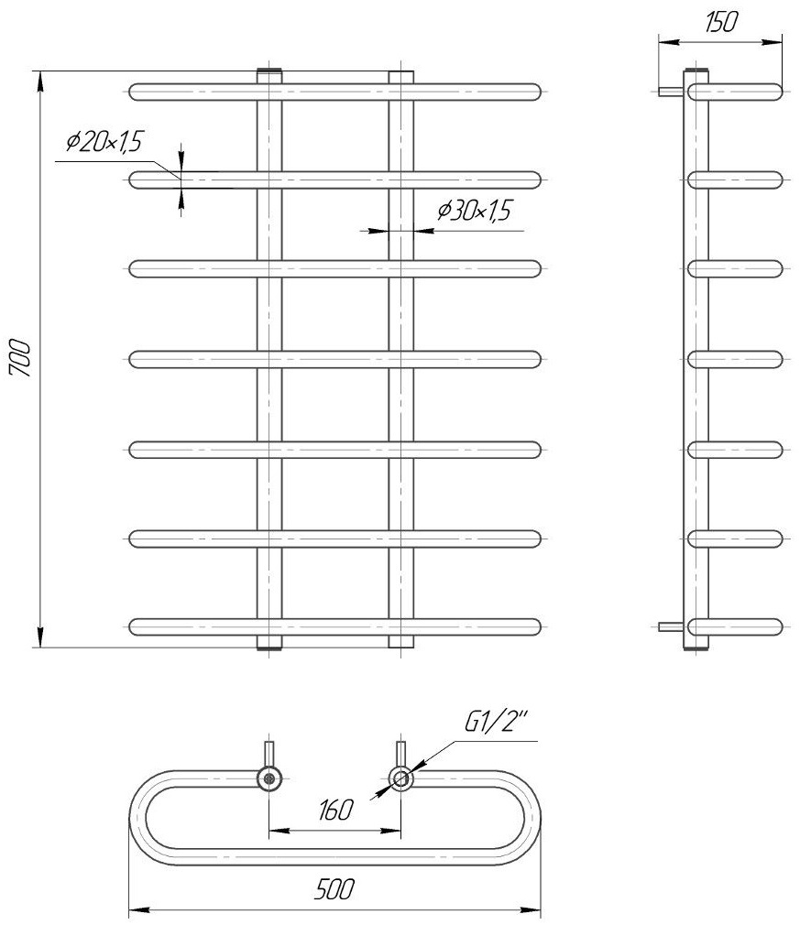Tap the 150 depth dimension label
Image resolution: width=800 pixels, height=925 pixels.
[x=721, y=22]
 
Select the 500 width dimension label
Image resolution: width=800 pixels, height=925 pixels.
[x=334, y=889]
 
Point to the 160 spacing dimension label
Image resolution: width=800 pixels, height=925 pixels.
[x=334, y=810]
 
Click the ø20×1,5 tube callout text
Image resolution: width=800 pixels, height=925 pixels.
[x=105, y=142]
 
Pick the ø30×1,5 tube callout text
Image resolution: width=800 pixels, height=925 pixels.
[x=474, y=211]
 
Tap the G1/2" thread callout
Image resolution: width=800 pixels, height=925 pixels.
[x=497, y=722]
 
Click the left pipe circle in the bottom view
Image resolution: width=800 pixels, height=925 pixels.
[x=269, y=778]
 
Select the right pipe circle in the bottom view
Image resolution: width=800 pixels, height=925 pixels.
[x=400, y=778]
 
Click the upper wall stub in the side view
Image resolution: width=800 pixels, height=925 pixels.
[x=672, y=92]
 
